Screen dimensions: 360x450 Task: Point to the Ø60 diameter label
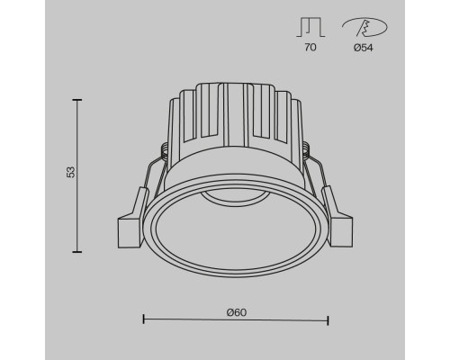[236, 311]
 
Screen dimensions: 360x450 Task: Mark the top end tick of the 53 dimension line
[77, 100]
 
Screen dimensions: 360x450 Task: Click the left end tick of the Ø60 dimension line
[144, 319]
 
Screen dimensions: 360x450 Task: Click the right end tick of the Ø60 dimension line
[328, 319]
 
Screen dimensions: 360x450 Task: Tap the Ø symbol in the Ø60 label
[229, 311]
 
